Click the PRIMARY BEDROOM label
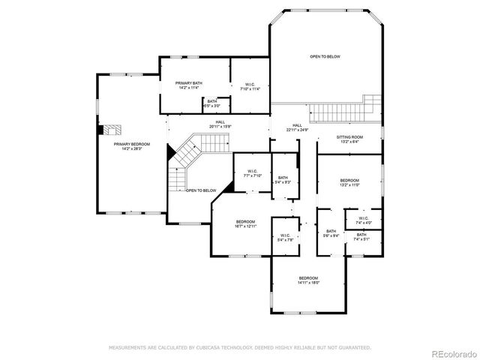[x=131, y=145]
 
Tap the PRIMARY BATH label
[x=189, y=85]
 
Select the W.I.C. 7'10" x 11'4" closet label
[x=248, y=85]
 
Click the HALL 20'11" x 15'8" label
[x=220, y=124]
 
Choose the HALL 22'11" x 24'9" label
[x=297, y=127]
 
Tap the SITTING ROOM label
[x=349, y=139]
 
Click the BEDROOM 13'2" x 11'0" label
[x=349, y=182]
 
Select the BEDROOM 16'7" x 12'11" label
[x=246, y=223]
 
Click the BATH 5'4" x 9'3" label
[x=283, y=180]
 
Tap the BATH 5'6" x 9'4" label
[x=331, y=233]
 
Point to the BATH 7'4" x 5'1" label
[x=361, y=237]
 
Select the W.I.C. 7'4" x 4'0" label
[x=363, y=220]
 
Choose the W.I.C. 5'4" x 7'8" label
[x=285, y=238]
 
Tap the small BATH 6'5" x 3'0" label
[x=212, y=103]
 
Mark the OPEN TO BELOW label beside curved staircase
[x=201, y=190]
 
